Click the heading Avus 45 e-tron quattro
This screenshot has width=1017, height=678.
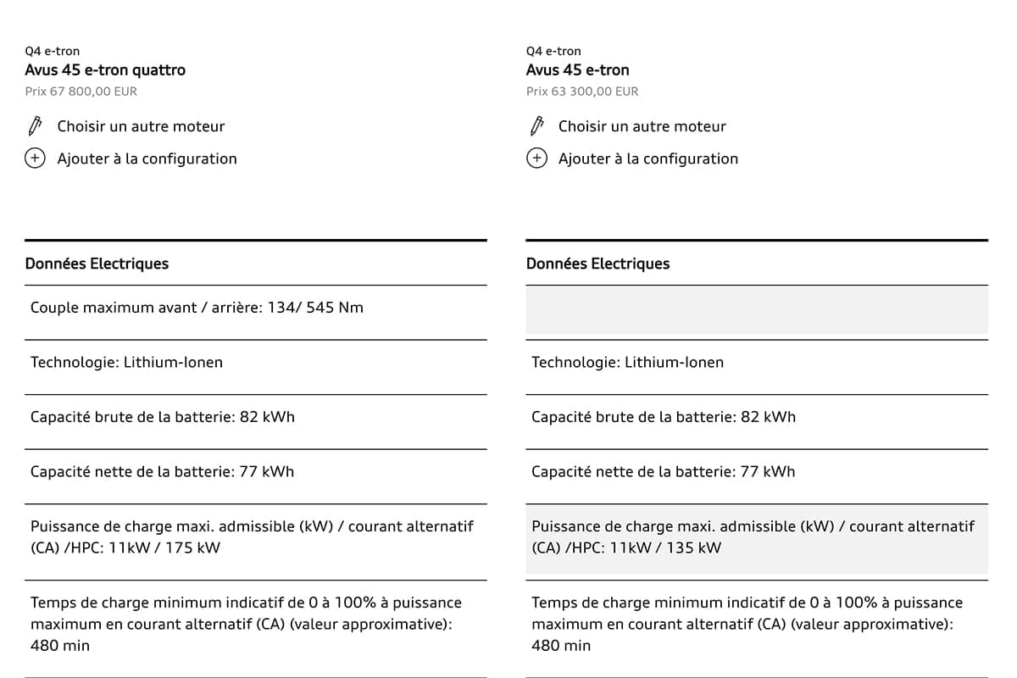[x=105, y=70]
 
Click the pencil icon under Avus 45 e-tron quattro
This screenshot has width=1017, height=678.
[x=35, y=126]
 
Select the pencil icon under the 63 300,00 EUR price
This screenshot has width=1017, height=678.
[x=536, y=126]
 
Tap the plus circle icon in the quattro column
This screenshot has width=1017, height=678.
[x=35, y=158]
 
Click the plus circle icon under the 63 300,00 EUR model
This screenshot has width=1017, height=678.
[x=536, y=158]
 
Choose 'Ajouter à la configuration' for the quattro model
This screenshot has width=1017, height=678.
[x=147, y=158]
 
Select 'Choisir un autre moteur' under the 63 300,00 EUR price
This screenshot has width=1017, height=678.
[x=642, y=126]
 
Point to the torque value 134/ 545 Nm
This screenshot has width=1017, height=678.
[x=315, y=308]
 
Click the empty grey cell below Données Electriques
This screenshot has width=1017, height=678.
[x=756, y=309]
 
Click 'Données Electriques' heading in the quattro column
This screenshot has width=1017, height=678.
[x=97, y=264]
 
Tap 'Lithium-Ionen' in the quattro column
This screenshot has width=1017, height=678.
[x=173, y=363]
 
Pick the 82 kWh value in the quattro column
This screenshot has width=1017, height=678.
[x=266, y=417]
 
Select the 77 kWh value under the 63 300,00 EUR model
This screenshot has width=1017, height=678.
[x=767, y=472]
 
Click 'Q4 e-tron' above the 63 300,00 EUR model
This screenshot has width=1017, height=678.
[x=553, y=52]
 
